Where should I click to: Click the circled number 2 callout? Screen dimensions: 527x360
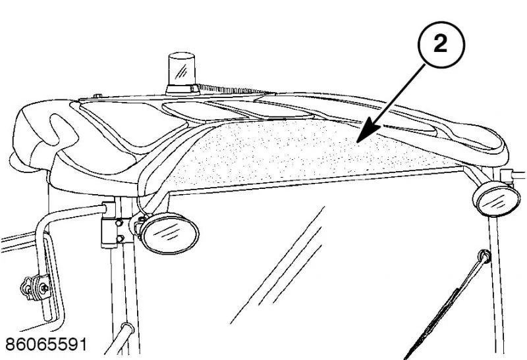click(441, 45)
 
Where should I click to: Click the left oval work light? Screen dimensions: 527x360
click(169, 233)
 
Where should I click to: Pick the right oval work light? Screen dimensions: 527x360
click(497, 199)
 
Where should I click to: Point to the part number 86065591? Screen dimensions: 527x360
click(46, 344)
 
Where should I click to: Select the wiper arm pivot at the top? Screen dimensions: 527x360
click(484, 256)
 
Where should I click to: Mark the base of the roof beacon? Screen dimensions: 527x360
click(182, 90)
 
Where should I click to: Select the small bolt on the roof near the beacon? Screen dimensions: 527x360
click(97, 96)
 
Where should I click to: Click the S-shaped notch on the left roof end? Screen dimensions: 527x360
click(63, 129)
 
